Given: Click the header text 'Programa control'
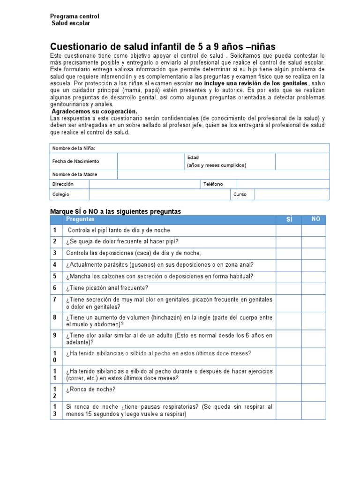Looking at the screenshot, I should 75,16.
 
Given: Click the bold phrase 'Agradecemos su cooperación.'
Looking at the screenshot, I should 94,112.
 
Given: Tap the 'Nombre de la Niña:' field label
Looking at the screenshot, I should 74,148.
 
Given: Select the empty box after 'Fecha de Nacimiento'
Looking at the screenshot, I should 150,161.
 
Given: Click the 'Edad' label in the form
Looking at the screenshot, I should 193,157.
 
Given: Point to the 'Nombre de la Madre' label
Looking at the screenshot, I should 75,174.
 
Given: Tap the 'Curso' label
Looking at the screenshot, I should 240,195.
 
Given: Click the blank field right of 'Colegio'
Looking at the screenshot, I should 159,195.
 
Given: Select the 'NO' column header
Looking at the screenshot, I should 315,219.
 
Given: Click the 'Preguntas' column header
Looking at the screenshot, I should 80,219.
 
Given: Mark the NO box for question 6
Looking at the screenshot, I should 315,288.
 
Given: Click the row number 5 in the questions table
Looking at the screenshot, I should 55,276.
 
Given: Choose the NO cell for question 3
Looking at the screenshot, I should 315,253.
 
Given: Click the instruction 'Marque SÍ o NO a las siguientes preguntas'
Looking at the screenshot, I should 115,211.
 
